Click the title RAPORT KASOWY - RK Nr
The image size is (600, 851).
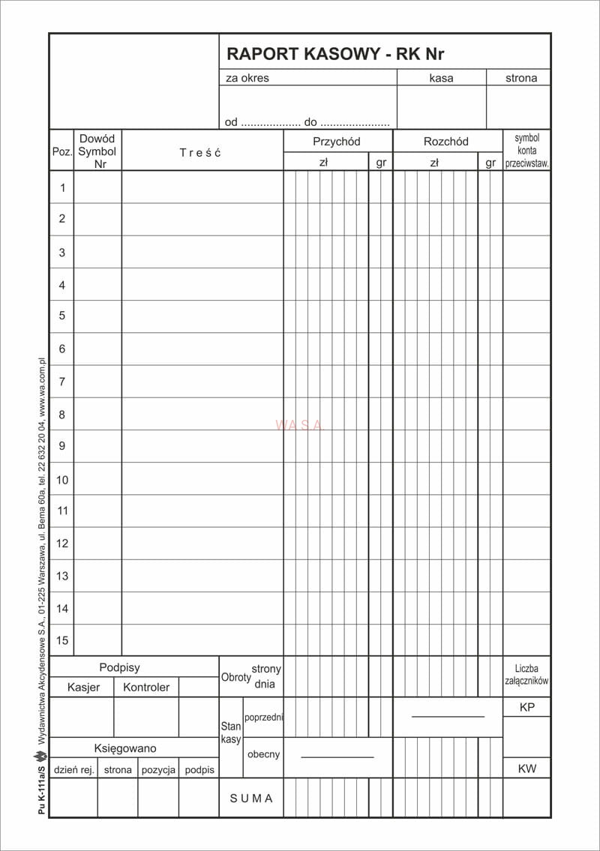[335, 54]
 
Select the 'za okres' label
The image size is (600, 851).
[247, 78]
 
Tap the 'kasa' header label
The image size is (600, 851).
[441, 78]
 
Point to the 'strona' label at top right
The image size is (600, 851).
[520, 78]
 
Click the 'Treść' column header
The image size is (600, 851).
[200, 152]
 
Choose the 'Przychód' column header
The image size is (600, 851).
[337, 142]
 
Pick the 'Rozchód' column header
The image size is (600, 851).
[445, 142]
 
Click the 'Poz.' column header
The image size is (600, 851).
[61, 151]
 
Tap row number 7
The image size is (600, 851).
[62, 382]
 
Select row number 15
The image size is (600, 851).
[62, 640]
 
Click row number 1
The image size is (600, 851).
[62, 187]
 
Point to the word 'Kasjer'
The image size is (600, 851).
[83, 687]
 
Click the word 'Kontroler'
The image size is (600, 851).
[146, 687]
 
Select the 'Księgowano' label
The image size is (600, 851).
[125, 748]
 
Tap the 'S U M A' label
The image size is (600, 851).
[251, 799]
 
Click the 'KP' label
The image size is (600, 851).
[526, 707]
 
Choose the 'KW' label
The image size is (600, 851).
[526, 769]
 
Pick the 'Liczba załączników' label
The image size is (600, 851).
[526, 675]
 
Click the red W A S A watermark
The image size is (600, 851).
[299, 425]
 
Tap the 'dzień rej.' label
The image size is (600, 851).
[73, 769]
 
